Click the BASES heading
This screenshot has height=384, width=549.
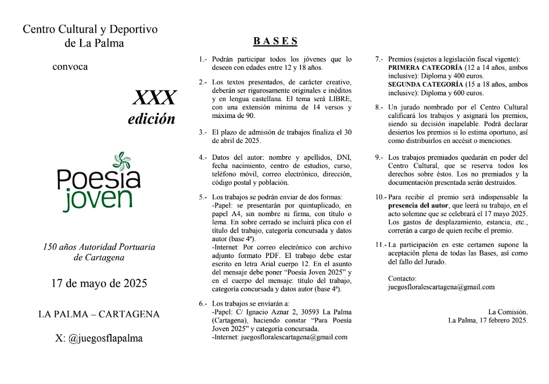click(275, 41)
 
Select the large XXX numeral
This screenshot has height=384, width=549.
click(154, 96)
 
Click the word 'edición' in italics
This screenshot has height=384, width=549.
click(152, 119)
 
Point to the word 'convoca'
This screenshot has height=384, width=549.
click(70, 67)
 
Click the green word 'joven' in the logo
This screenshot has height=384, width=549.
click(99, 198)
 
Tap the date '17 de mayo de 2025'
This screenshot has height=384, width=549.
click(99, 284)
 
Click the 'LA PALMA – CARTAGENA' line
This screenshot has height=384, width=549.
click(99, 314)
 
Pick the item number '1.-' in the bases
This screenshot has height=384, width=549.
click(203, 59)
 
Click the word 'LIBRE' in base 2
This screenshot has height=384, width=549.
click(339, 99)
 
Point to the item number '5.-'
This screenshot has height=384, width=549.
click(203, 197)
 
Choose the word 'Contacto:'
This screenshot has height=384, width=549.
click(403, 278)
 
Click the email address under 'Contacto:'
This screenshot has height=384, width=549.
click(441, 287)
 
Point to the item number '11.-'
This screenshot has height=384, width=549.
click(380, 245)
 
